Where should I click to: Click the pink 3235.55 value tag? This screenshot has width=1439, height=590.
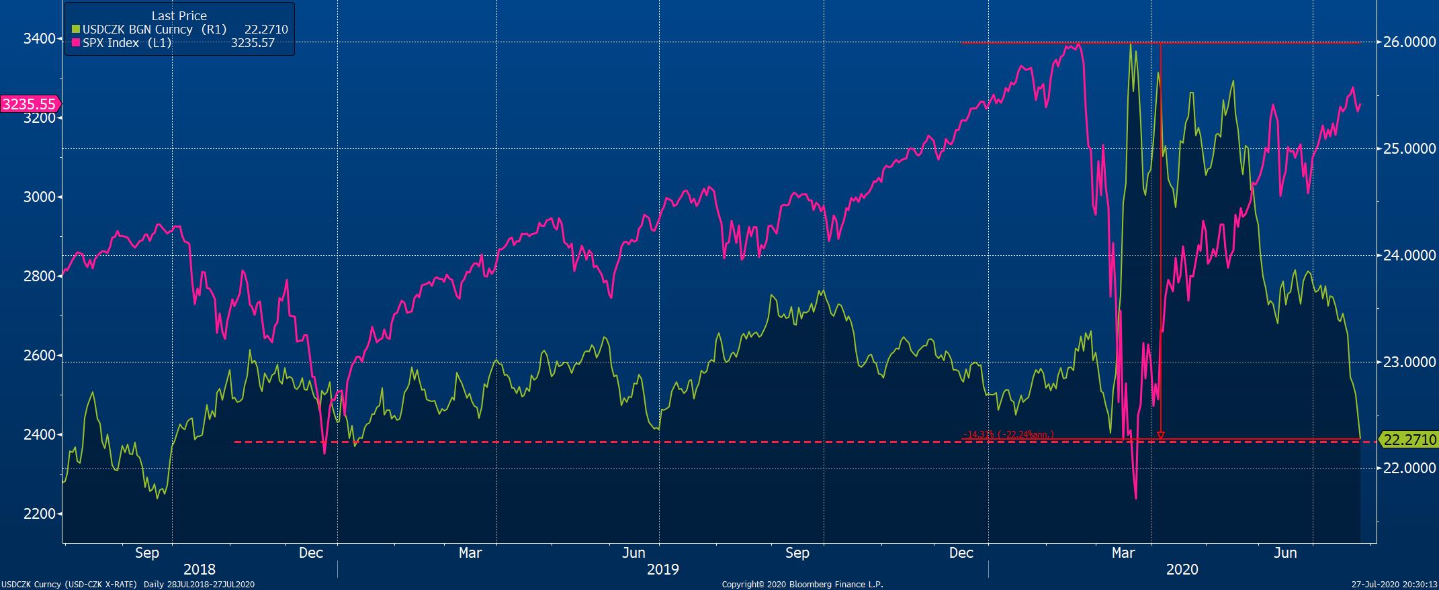30,104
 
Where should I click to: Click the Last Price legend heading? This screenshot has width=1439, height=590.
179,15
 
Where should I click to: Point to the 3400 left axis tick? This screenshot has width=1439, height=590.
39,39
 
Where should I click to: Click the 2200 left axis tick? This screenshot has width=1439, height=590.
39,514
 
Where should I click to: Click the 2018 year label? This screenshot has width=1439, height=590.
200,569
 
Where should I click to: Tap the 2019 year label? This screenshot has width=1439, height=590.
663,569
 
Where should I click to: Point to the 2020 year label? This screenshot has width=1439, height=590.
1182,569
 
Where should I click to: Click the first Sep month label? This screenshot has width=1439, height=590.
147,553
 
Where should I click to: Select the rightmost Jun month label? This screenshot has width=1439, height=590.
1285,553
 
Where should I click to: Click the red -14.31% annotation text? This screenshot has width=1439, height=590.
1008,434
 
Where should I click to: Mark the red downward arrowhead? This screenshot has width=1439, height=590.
1161,436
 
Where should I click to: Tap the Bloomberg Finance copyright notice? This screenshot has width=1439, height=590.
802,585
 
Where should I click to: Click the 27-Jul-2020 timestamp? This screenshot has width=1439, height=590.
1393,585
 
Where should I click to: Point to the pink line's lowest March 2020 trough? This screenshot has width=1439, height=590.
1136,498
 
